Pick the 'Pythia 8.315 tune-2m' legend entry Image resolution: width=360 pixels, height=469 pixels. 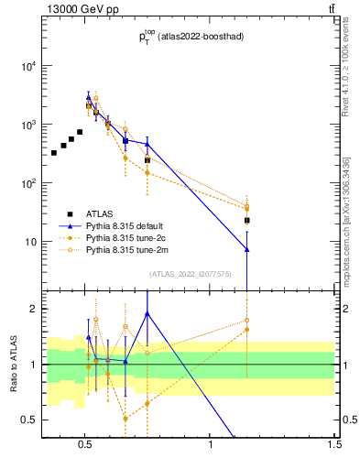tap(127, 249)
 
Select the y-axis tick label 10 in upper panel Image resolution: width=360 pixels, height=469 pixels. tap(30, 242)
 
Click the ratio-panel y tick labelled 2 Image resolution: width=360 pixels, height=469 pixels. tap(33, 309)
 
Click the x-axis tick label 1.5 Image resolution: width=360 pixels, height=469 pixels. tap(334, 446)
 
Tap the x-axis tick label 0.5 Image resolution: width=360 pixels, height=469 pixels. tap(84, 446)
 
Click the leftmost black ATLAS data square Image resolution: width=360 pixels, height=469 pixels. tap(54, 152)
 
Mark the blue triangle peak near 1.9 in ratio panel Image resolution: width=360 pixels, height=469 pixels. tap(147, 314)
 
